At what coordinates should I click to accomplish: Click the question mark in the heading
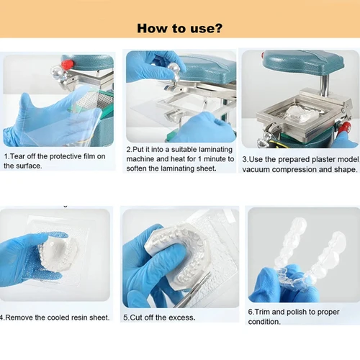tap(218, 28)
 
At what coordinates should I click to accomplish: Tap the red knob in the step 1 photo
tap(67, 64)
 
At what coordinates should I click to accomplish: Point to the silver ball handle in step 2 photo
tap(174, 68)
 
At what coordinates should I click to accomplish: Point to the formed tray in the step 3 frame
tap(302, 112)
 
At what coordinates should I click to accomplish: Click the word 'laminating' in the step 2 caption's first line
tap(215, 150)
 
